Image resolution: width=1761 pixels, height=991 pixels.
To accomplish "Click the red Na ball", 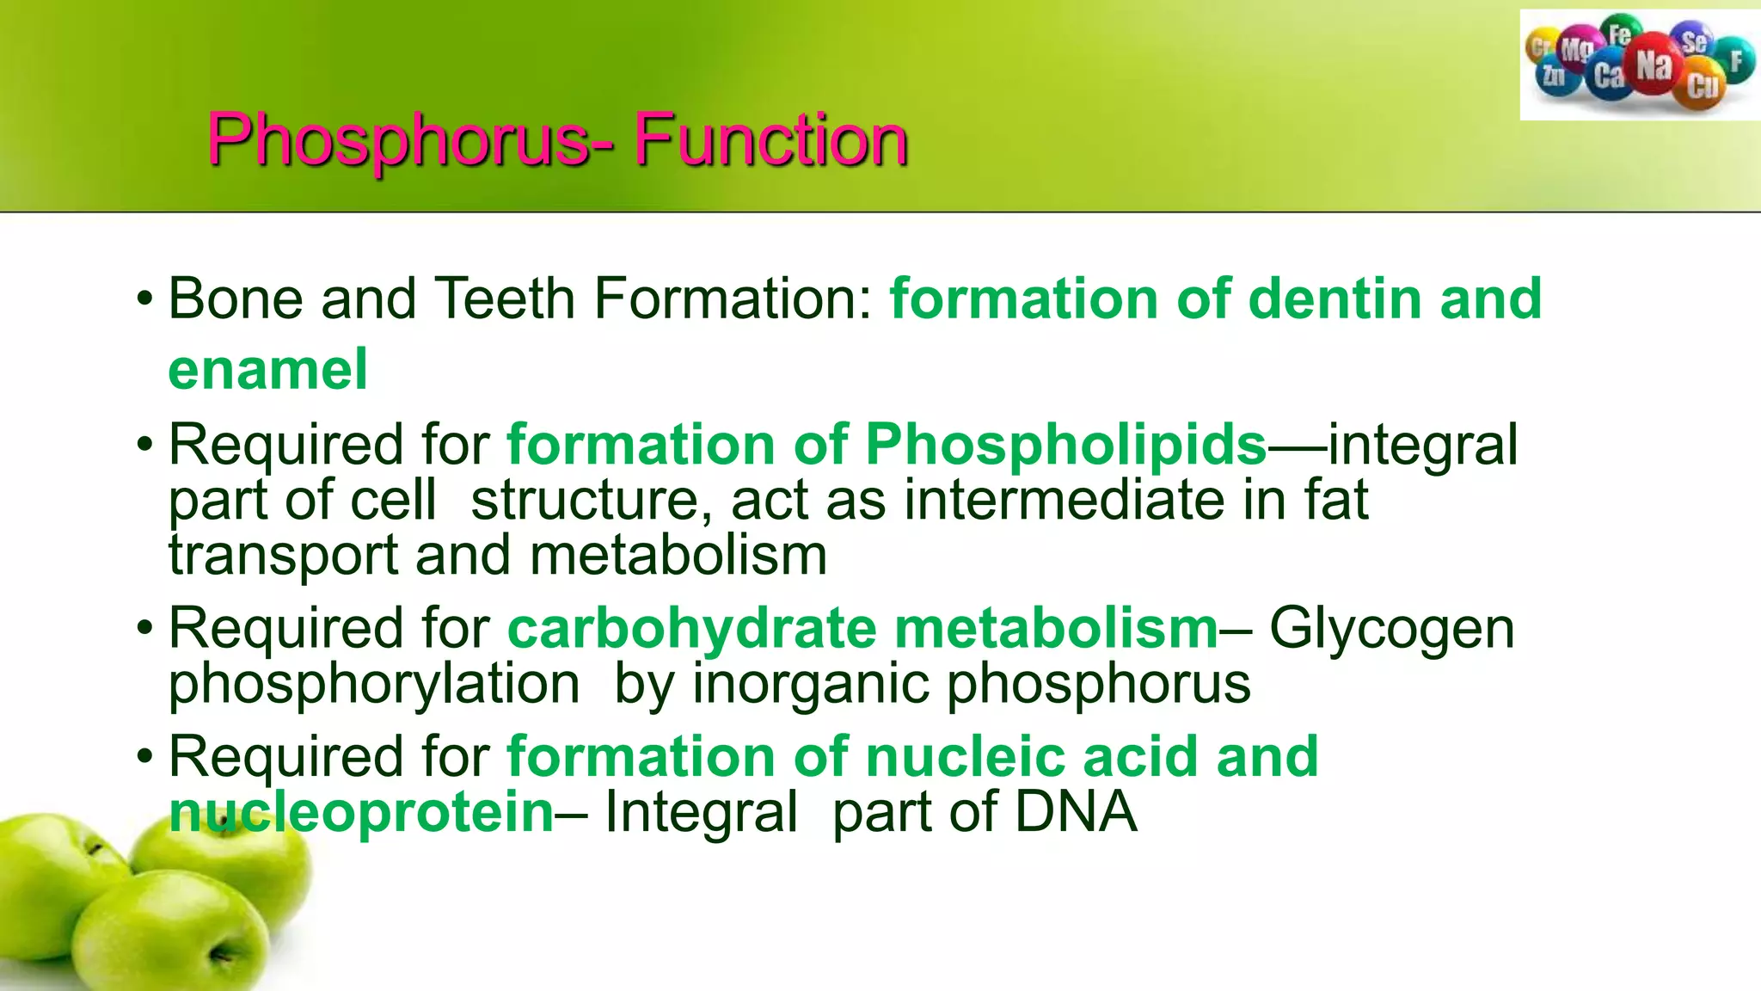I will point(1653,65).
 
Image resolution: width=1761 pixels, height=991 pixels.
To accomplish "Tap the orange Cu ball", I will point(1702,86).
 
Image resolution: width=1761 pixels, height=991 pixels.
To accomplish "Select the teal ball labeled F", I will point(1736,60).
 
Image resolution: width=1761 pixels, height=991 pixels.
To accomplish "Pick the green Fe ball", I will point(1620,34).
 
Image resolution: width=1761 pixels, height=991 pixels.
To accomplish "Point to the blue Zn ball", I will point(1555,76).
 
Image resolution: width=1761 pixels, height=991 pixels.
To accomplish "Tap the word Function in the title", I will point(771,140).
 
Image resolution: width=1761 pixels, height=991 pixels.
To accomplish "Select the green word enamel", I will point(267,370).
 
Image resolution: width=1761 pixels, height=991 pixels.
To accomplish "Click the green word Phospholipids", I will point(1065,445).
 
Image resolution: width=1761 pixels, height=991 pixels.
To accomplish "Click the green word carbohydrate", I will point(692,629).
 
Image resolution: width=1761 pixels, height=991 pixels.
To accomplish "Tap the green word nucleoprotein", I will point(361,811).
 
